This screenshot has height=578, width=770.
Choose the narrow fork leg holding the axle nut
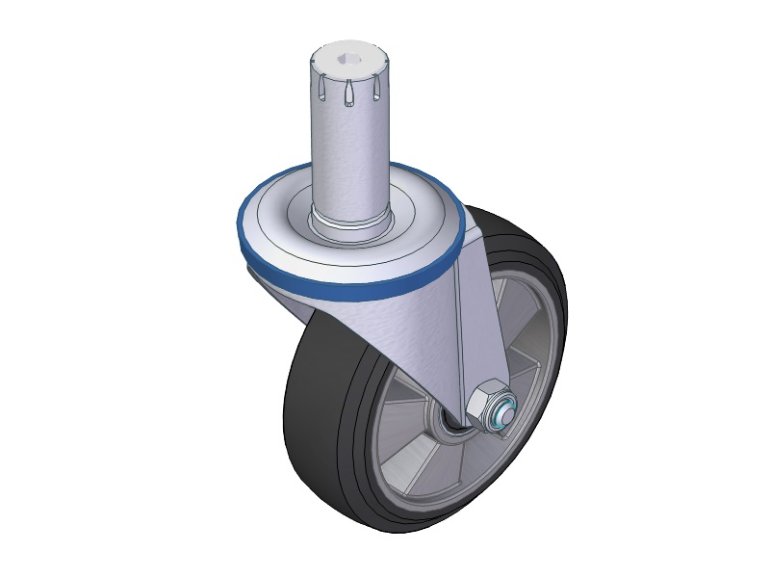(x=476, y=328)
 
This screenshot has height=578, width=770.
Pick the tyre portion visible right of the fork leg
(x=539, y=289)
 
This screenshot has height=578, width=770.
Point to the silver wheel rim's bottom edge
(x=423, y=500)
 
